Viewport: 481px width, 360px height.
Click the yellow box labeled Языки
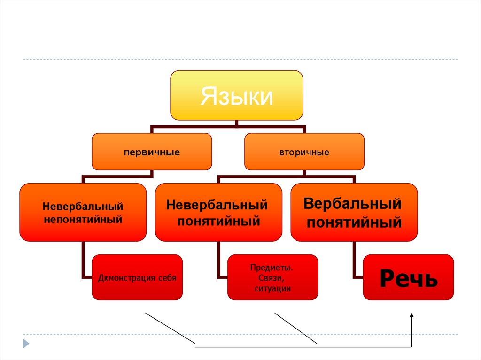pos(236,95)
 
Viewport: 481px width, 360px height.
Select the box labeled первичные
pos(152,152)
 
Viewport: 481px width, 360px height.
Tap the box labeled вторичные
pos(304,152)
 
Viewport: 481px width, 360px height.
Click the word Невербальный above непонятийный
pos(83,207)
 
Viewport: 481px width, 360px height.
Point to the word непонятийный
pos(83,219)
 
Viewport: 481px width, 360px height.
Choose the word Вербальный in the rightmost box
pos(352,204)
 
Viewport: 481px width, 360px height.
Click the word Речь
pos(408,278)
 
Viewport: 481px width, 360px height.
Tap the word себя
pos(168,278)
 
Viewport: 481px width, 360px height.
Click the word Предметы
pos(272,268)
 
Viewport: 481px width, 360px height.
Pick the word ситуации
pos(272,289)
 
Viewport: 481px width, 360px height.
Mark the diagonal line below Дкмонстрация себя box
pos(171,330)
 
